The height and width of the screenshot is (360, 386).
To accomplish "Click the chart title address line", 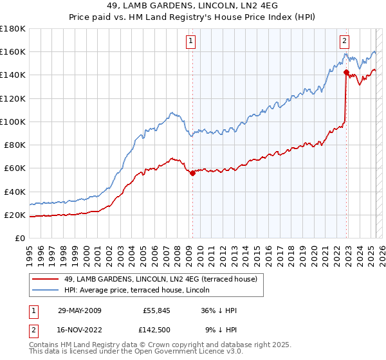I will click(x=193, y=6).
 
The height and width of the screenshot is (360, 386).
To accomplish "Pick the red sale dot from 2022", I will click(x=346, y=72).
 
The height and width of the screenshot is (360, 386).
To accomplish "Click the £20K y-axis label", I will click(x=15, y=215).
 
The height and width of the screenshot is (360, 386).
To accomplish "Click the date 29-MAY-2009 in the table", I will click(x=80, y=310).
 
